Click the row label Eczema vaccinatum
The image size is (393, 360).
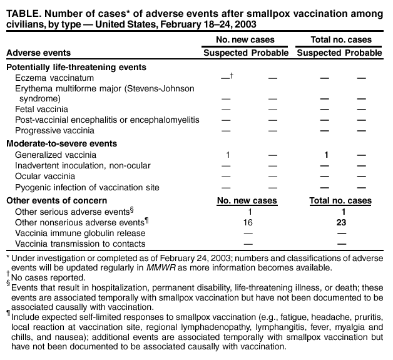(54, 78)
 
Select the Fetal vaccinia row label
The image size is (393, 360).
(41, 109)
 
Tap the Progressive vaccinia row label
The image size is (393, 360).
(54, 130)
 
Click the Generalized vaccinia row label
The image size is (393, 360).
(55, 155)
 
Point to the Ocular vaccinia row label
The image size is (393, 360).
(46, 177)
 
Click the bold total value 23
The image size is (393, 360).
(340, 222)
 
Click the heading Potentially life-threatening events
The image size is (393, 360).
(76, 67)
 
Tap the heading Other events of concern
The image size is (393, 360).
(54, 201)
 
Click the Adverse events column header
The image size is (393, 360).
(38, 53)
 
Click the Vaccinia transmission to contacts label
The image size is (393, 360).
(80, 244)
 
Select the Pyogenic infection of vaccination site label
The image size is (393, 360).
(87, 187)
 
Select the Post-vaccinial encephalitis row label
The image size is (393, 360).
(107, 120)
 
